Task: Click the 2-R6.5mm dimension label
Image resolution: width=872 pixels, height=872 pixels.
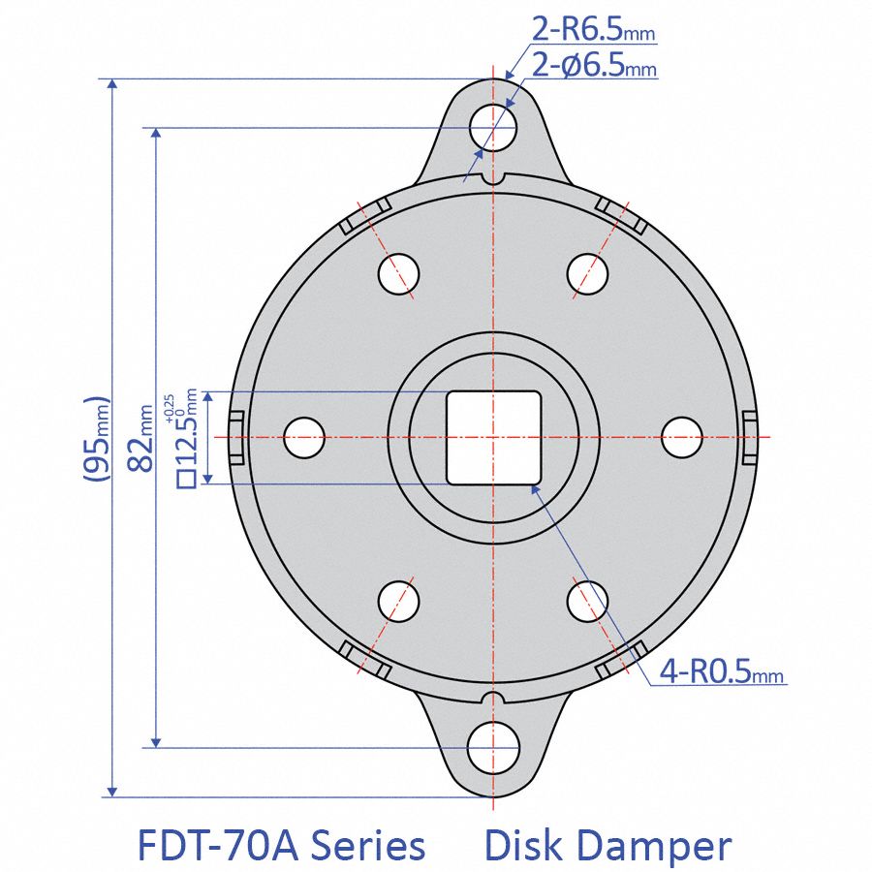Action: tap(593, 31)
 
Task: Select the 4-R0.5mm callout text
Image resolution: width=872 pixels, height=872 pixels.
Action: tap(721, 671)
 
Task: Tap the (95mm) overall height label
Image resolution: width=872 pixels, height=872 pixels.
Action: tap(94, 439)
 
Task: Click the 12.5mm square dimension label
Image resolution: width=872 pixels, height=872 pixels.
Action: tap(185, 436)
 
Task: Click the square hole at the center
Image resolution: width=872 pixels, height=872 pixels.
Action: tap(493, 437)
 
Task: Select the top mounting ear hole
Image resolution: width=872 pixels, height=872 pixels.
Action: tap(493, 126)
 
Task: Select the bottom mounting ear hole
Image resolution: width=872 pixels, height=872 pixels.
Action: tap(493, 748)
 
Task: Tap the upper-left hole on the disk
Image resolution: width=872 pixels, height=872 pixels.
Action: tap(399, 272)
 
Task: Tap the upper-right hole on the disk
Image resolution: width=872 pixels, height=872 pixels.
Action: tap(587, 272)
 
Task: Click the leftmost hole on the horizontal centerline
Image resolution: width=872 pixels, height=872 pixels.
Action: tap(304, 437)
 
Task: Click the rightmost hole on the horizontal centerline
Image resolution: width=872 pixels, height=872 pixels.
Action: tap(681, 437)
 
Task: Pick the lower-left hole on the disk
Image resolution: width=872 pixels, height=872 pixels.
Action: tap(399, 601)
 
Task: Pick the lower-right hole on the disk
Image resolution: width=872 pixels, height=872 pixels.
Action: tap(587, 601)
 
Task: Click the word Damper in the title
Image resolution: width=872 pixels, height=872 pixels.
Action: tap(656, 845)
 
